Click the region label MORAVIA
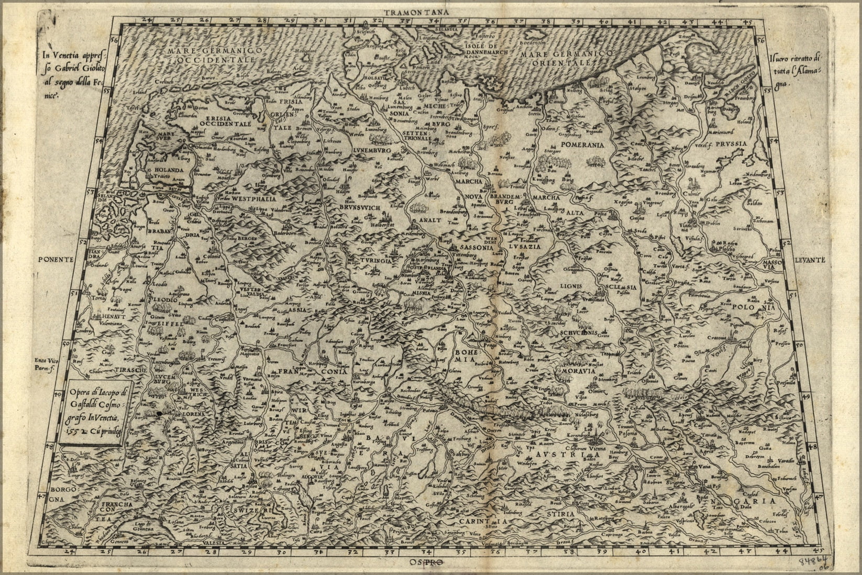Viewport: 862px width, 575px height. [576, 370]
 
